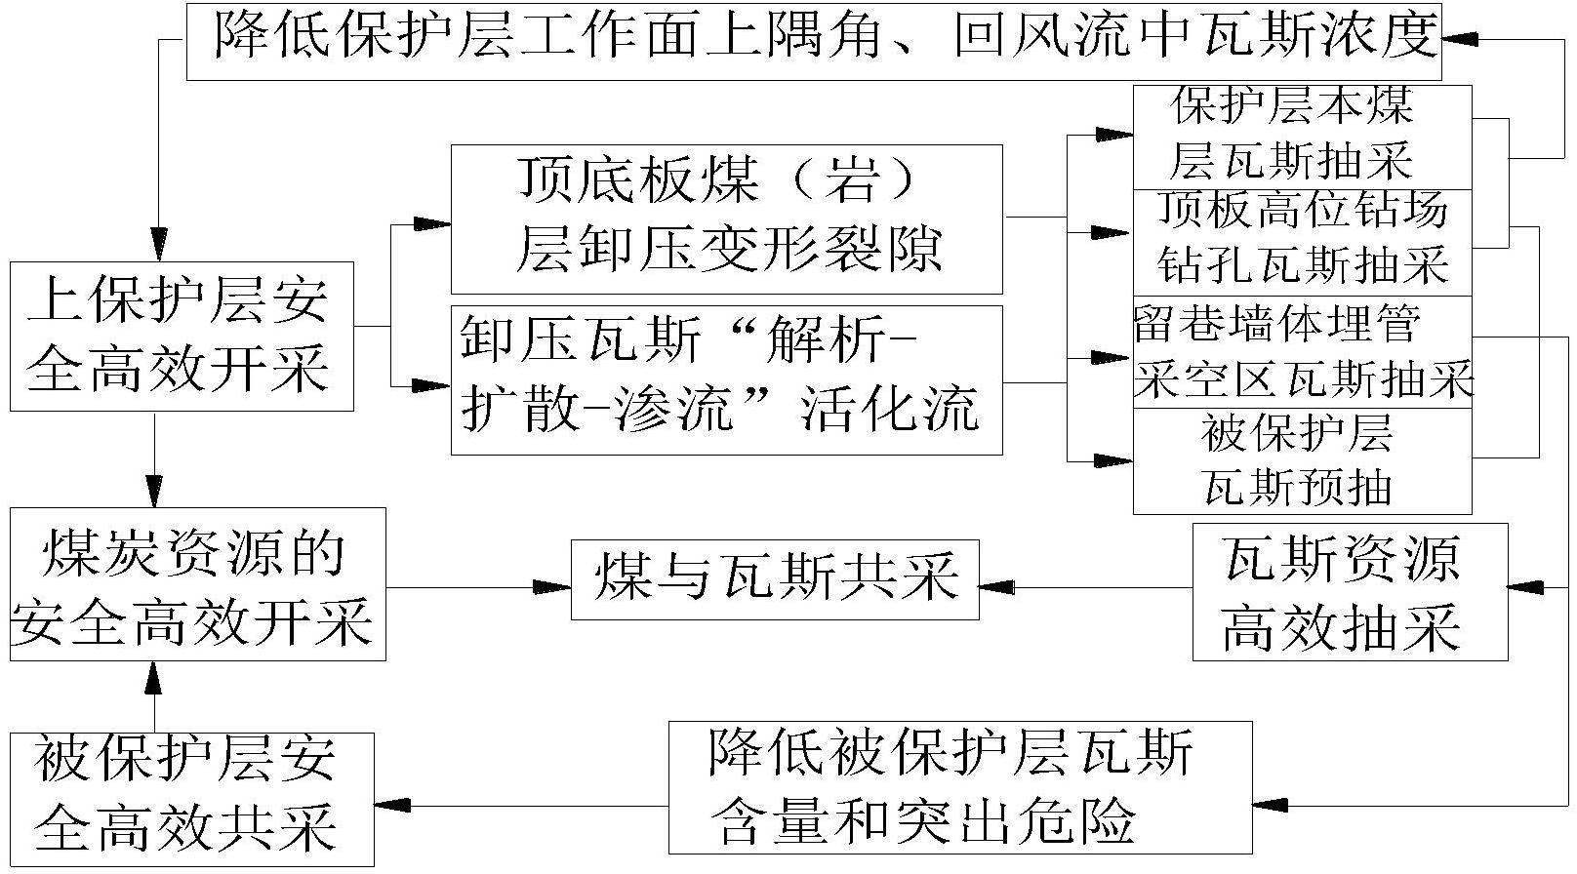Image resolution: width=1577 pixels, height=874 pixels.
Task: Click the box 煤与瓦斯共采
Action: [x=775, y=579]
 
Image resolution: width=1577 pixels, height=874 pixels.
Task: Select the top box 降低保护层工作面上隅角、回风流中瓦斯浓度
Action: [x=814, y=42]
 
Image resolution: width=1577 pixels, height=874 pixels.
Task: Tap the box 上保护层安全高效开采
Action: [x=182, y=337]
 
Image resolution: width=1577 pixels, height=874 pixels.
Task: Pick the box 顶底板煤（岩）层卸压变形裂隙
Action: [x=727, y=219]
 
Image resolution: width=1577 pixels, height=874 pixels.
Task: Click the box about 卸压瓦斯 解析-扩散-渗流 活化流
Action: [x=727, y=380]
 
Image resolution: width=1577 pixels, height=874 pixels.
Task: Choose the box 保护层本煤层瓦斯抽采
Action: [x=1303, y=138]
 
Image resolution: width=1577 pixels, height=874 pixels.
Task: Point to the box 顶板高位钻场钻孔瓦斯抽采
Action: [x=1303, y=243]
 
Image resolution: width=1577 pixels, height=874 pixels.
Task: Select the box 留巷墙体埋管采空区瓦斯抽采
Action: [x=1303, y=352]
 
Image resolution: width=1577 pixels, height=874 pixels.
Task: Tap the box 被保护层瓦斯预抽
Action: [x=1303, y=461]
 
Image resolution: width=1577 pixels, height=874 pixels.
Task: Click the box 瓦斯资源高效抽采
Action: [x=1351, y=592]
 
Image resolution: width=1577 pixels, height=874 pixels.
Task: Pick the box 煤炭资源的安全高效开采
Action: [x=198, y=584]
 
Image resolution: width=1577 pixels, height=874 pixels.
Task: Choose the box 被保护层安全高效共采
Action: [x=191, y=800]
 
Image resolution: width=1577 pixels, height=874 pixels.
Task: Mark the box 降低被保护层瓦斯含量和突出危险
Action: [x=960, y=787]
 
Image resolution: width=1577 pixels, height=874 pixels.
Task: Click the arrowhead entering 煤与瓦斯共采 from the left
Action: [x=552, y=587]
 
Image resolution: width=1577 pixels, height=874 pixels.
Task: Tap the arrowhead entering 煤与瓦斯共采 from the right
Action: [x=997, y=587]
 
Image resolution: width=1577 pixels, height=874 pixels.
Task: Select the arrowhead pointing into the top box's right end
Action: [x=1460, y=40]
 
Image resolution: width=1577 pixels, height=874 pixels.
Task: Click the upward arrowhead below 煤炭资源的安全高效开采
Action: [x=153, y=678]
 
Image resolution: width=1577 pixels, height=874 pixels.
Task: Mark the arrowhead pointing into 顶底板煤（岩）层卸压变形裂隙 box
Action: [x=432, y=224]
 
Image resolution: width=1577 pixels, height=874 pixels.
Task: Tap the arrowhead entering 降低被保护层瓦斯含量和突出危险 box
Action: [x=1271, y=805]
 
